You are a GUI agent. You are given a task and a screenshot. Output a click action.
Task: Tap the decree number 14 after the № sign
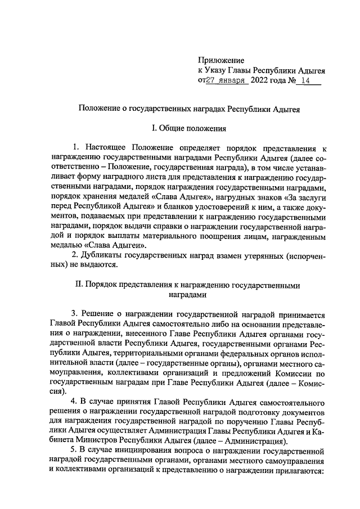tap(305, 81)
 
